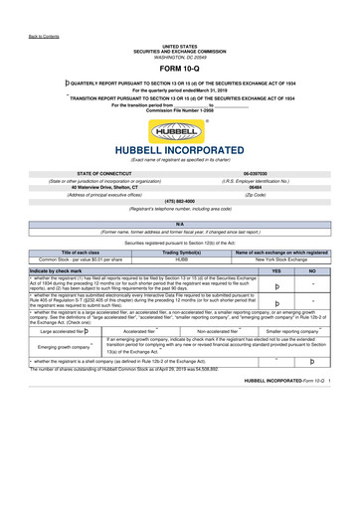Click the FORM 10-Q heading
(x=180, y=69)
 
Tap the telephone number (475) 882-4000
(x=180, y=201)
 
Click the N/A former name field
(x=180, y=225)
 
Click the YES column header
(x=276, y=269)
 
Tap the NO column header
(x=312, y=269)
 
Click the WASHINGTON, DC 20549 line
(x=180, y=56)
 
